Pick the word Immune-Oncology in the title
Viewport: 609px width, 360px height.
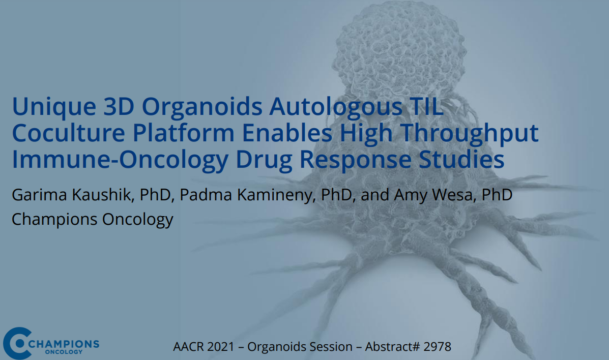tap(120, 159)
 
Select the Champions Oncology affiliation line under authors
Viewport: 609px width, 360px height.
tap(92, 219)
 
